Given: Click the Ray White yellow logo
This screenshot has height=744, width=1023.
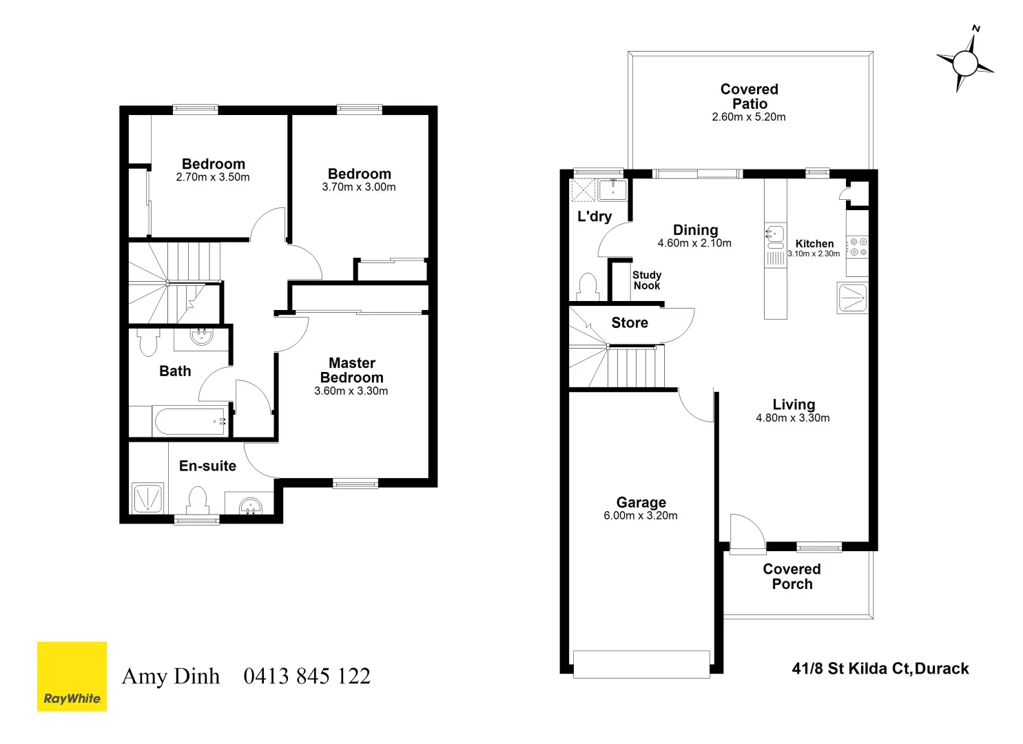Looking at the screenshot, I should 72,676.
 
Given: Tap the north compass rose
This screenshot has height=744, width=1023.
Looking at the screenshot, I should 965,63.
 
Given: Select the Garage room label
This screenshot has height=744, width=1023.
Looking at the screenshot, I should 641,502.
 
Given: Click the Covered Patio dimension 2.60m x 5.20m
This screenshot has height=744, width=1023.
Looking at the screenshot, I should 748,117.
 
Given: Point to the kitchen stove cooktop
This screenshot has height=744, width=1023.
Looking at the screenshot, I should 858,247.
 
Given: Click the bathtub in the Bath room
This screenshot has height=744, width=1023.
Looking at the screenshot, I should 190,421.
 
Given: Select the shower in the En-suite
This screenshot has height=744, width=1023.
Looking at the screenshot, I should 147,498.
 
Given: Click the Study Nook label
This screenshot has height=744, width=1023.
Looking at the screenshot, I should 646,280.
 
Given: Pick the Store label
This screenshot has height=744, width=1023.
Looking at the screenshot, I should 630,322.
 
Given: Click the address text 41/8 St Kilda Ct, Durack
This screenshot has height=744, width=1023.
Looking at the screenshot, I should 880,668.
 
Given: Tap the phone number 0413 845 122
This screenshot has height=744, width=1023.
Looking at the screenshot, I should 307,676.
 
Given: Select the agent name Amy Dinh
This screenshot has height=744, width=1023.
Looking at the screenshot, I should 171,676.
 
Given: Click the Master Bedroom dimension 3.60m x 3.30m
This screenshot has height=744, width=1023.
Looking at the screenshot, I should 351,391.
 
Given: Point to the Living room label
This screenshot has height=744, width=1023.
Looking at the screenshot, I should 793,404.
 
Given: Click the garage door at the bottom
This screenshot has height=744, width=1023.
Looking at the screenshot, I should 641,664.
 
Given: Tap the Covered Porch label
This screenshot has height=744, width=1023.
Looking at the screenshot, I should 792,577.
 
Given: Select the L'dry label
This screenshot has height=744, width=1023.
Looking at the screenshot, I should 594,216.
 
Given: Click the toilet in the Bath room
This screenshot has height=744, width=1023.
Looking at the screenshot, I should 148,341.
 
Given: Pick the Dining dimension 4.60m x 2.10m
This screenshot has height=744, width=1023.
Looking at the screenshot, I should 694,243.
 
